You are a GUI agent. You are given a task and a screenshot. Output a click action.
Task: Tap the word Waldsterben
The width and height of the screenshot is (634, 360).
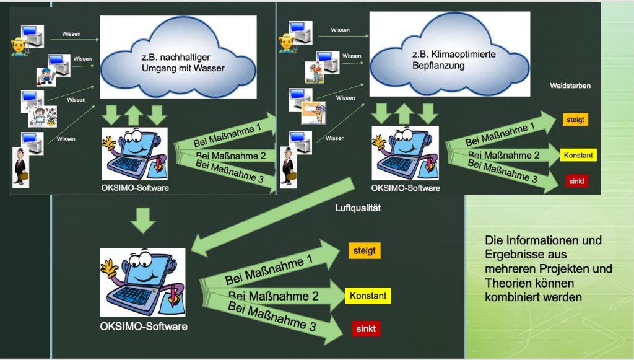click(x=570, y=86)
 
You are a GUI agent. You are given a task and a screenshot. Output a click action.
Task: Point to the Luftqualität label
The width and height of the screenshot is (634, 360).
click(x=358, y=209)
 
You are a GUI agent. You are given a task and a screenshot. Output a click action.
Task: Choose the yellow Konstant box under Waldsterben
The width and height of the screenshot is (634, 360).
click(x=578, y=155)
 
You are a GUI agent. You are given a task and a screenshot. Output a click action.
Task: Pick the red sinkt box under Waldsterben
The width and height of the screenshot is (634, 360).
click(x=576, y=181)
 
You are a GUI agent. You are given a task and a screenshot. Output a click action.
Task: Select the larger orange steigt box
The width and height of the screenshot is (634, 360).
click(x=364, y=251)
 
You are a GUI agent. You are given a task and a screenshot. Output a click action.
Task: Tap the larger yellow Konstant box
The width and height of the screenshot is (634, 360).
click(x=368, y=296)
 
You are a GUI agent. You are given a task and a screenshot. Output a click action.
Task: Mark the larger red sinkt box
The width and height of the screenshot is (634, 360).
click(x=366, y=328)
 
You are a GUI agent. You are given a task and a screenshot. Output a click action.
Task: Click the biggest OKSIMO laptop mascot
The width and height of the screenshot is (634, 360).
click(x=143, y=282)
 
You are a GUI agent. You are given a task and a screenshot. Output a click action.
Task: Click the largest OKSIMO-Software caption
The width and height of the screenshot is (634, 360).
click(x=144, y=326)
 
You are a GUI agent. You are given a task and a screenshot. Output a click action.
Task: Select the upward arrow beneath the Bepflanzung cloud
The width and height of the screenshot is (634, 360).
click(x=404, y=115)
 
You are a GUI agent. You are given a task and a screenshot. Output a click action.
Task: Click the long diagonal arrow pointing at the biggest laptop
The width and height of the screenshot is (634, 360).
click(x=272, y=217)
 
